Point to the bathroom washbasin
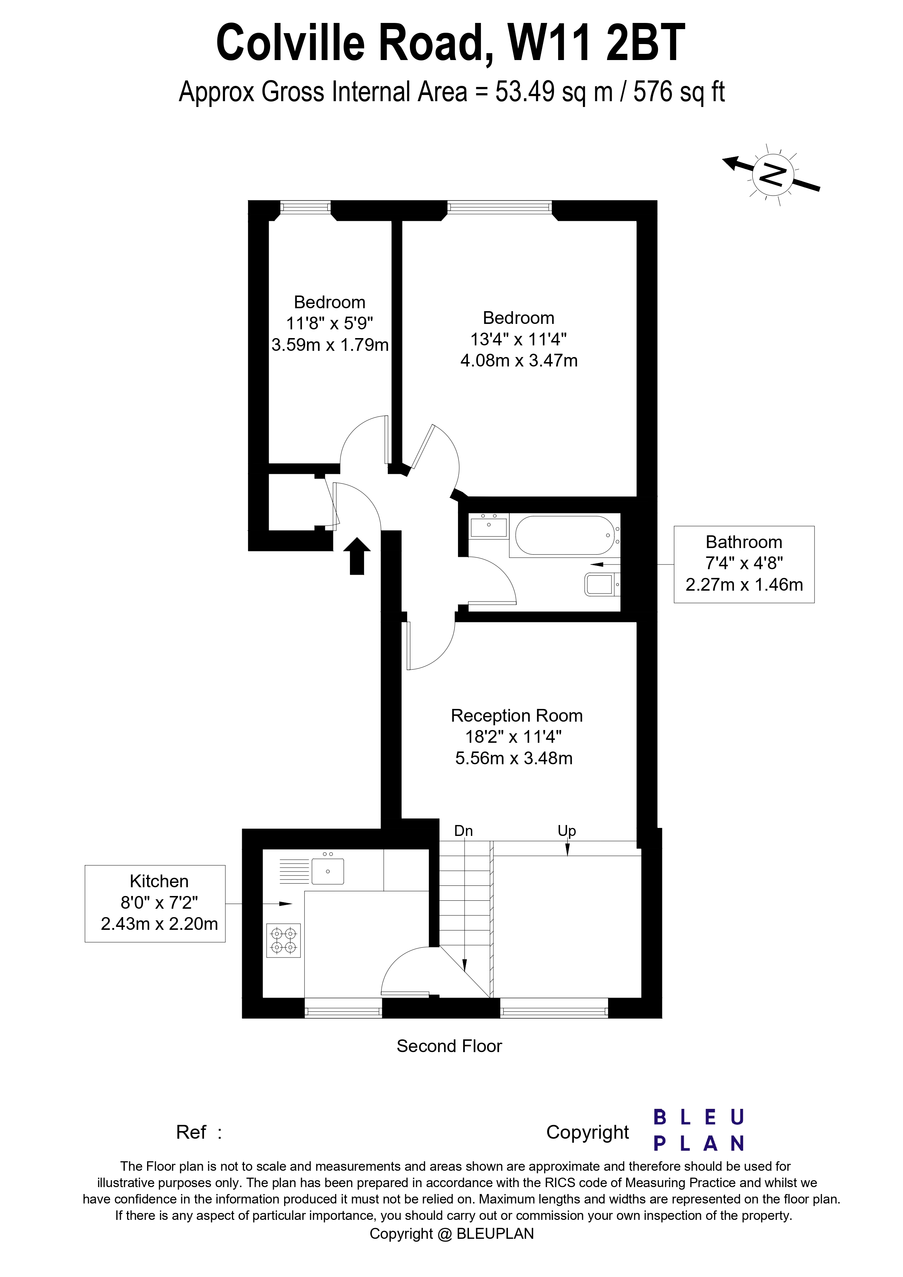pyautogui.click(x=489, y=526)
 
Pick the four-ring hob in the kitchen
pyautogui.click(x=283, y=940)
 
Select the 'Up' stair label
pyautogui.click(x=567, y=830)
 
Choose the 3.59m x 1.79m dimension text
pyautogui.click(x=330, y=345)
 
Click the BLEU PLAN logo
pyautogui.click(x=698, y=1130)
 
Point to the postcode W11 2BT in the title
pyautogui.click(x=595, y=43)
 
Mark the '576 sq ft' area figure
pyautogui.click(x=679, y=92)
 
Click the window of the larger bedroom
pyautogui.click(x=500, y=207)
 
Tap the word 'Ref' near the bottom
pyautogui.click(x=191, y=1132)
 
